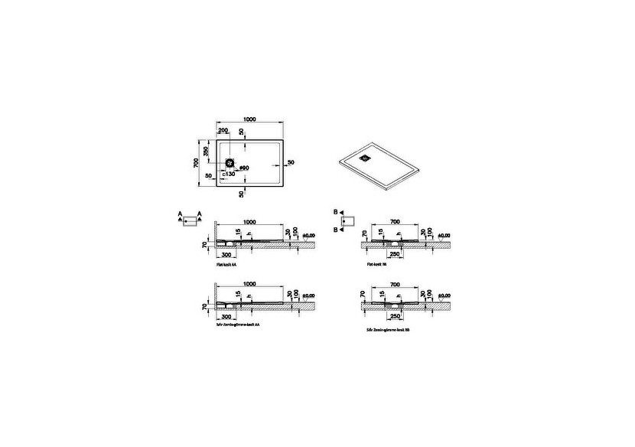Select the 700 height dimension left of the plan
196,162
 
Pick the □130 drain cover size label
229,175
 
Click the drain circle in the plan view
229,163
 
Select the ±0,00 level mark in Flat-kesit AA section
310,235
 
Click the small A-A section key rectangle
189,220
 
